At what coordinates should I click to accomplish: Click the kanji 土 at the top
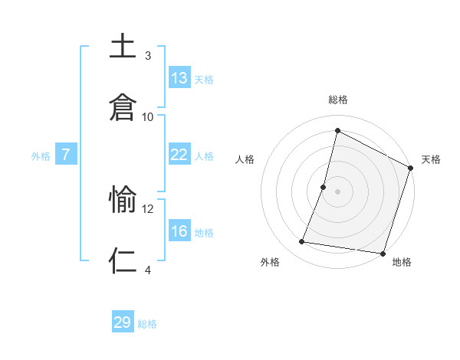point(123,46)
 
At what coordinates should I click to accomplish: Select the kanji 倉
point(123,106)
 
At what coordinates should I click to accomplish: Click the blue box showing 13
point(179,78)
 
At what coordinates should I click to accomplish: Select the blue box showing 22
point(179,155)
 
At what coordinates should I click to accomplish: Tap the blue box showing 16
point(179,231)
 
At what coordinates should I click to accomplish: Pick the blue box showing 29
point(123,322)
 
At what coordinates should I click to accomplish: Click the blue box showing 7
point(66,155)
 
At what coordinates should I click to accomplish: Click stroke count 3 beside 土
point(148,56)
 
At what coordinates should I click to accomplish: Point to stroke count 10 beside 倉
point(148,116)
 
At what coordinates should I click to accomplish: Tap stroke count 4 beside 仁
point(148,270)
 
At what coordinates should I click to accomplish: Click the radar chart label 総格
point(337,100)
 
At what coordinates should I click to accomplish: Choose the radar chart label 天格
point(431,159)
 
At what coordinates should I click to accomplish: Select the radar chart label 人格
point(245,159)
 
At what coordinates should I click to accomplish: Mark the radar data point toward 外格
point(302,242)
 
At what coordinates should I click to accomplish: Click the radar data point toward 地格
point(382,253)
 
